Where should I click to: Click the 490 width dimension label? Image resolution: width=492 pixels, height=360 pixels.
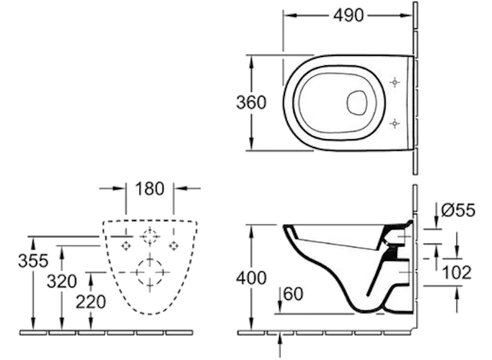pos(348,15)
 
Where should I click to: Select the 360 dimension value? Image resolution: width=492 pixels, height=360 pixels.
pos(251,103)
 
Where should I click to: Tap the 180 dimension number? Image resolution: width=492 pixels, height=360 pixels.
pos(149,188)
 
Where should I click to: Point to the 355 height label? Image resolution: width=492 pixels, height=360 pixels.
pos(33,261)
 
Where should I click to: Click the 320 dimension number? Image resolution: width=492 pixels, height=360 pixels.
pos(62,281)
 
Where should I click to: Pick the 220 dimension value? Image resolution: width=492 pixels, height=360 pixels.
pos(91,302)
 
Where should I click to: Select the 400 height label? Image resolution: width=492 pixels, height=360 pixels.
pos(251,278)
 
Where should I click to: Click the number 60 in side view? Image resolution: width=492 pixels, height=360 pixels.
pos(293,294)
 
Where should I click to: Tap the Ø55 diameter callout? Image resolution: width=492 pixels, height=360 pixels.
pos(458,210)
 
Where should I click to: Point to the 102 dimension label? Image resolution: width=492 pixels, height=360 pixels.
pos(457,272)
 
